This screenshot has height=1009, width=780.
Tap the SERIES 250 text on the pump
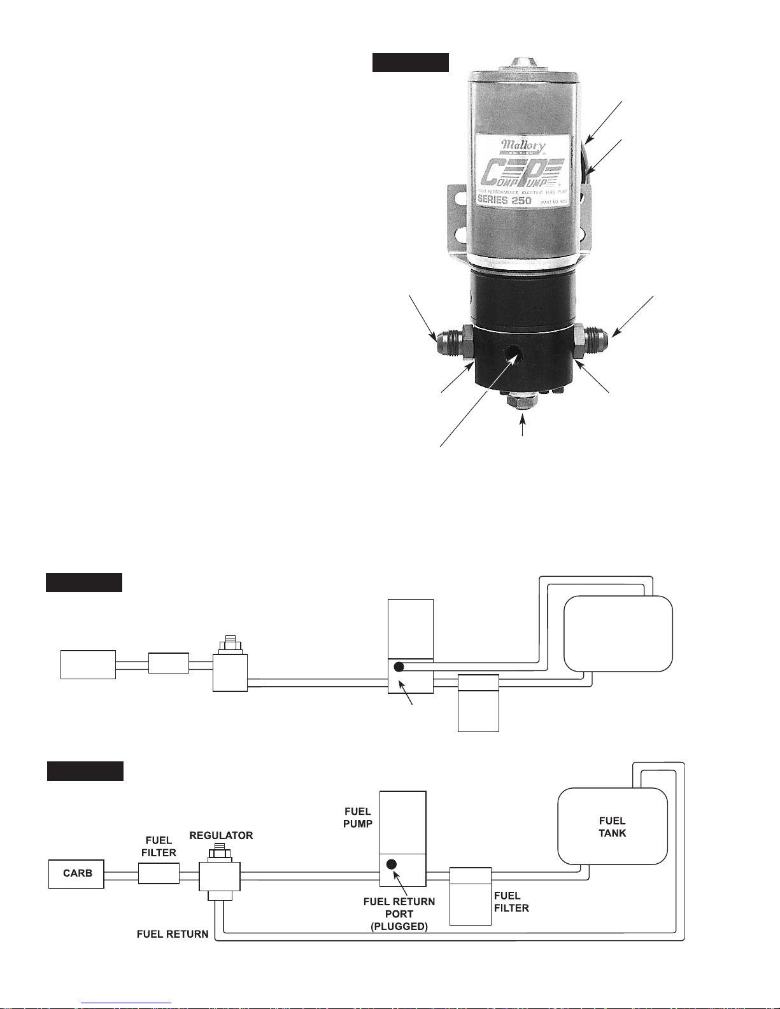pos(505,200)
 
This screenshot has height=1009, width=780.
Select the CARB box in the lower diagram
pos(77,873)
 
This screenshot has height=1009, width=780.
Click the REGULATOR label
pos(221,835)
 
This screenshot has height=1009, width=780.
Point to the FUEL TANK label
pos(612,827)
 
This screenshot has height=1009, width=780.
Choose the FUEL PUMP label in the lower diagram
pos(358,817)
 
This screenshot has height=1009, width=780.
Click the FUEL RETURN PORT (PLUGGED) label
pos(399,914)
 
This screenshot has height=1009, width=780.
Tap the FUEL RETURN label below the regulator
pos(173,935)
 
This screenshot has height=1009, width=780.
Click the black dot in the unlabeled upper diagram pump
pos(399,667)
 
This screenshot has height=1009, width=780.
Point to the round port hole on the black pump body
pos(512,353)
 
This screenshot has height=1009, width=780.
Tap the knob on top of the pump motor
pos(523,64)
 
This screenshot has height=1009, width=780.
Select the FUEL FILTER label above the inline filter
pos(159,847)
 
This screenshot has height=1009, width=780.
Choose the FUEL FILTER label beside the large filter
pos(511,902)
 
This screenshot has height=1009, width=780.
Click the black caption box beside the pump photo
pos(411,62)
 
